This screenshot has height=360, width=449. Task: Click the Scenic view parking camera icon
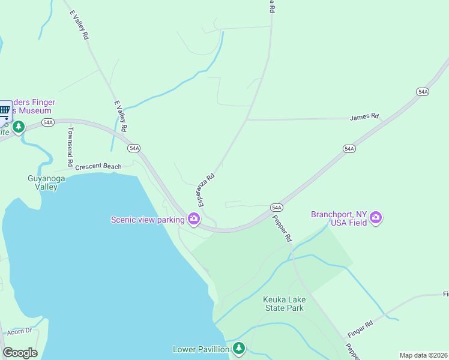194,219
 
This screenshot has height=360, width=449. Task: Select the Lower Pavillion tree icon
239,349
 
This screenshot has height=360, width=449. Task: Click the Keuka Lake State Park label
285,304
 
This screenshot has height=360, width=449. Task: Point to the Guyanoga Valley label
43,182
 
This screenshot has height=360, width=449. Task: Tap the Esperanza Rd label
203,188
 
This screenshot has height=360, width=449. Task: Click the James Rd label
365,116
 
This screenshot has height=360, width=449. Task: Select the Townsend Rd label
70,146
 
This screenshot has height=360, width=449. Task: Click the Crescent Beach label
98,166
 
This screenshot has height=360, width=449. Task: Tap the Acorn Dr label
19,331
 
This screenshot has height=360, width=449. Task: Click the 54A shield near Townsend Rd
49,122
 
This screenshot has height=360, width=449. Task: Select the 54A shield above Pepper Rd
276,207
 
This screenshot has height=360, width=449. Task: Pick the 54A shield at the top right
423,91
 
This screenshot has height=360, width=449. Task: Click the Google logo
20,352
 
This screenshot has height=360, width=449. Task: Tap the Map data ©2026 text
424,355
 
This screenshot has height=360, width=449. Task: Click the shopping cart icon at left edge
5,110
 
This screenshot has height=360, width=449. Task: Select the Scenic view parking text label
148,220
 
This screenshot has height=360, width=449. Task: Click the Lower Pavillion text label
201,349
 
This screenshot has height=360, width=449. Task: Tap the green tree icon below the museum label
19,127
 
